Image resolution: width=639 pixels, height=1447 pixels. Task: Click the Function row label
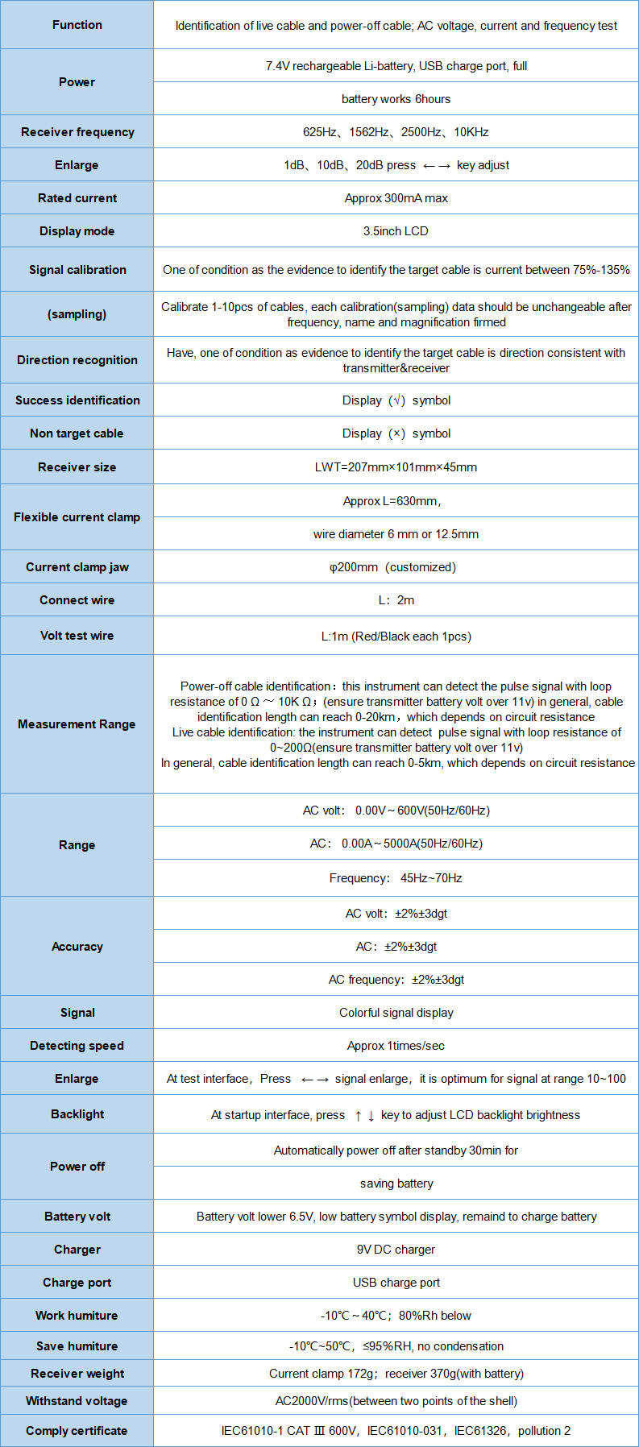pos(77,25)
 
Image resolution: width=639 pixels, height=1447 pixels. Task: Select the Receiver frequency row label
pos(77,132)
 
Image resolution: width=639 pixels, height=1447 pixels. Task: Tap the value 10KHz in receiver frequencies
pos(471,132)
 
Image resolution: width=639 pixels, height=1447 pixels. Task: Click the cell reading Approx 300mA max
pos(396,198)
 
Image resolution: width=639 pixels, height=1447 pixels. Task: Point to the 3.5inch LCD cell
pos(396,231)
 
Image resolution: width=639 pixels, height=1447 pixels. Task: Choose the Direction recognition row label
pos(77,360)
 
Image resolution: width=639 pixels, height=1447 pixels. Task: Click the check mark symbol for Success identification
pos(396,400)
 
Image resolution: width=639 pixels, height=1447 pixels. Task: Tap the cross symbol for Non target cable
pos(396,433)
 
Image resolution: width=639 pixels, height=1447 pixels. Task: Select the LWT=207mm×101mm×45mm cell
pos(396,467)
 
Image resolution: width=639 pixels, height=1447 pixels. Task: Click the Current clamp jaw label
pos(77,567)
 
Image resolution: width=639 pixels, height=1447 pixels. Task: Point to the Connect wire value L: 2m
pos(396,600)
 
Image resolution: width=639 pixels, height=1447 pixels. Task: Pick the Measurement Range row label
pos(77,724)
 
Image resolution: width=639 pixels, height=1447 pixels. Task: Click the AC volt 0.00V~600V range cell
pos(396,811)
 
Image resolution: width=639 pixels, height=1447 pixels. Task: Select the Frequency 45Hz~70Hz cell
pos(396,878)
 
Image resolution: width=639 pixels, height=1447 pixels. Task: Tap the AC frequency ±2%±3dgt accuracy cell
pos(396,980)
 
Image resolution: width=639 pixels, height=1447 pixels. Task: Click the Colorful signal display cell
pos(396,1013)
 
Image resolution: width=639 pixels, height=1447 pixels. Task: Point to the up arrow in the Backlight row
pos(358,1116)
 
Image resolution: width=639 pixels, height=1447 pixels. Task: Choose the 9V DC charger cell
pos(396,1250)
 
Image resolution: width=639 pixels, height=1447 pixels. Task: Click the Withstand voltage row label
pos(77,1401)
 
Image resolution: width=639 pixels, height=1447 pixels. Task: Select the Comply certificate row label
pos(77,1431)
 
